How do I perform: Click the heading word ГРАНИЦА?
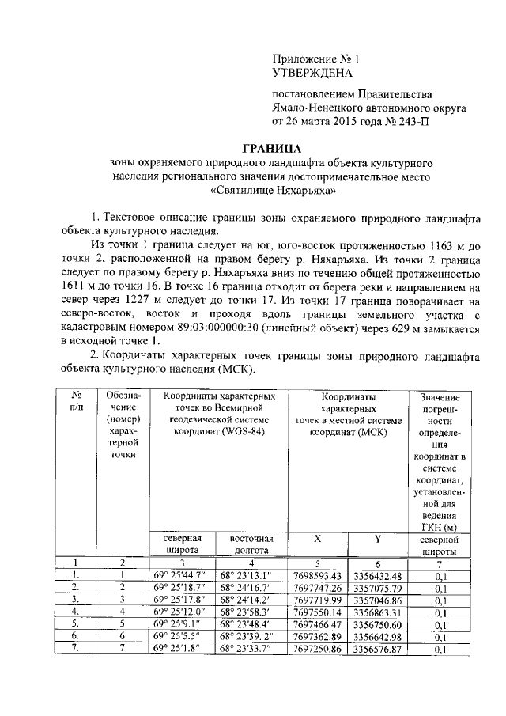pos(270,148)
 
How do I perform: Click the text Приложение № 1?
pos(315,59)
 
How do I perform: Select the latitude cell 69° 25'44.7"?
pos(180,575)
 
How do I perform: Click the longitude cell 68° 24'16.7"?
pos(250,588)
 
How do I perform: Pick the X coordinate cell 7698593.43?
pos(322,575)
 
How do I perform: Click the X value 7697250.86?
pos(322,649)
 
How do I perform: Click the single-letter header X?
pos(317,538)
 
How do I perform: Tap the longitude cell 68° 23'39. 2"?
pos(250,637)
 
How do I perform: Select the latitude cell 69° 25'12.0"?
pos(180,612)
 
